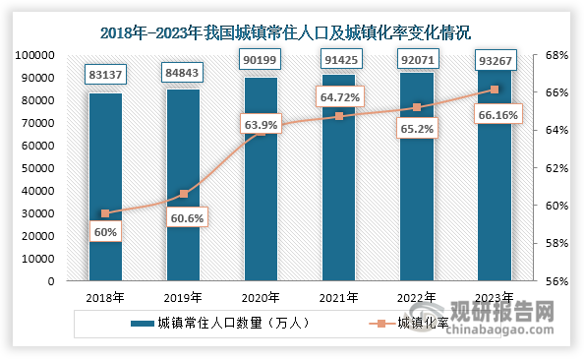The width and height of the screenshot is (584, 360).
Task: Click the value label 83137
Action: coord(104,75)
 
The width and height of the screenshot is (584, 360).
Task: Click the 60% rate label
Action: coord(105,232)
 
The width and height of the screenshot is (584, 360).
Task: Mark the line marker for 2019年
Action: coord(183,194)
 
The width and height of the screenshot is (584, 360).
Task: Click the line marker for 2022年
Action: coord(417,107)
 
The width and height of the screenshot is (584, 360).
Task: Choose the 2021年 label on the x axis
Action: coord(339,296)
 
